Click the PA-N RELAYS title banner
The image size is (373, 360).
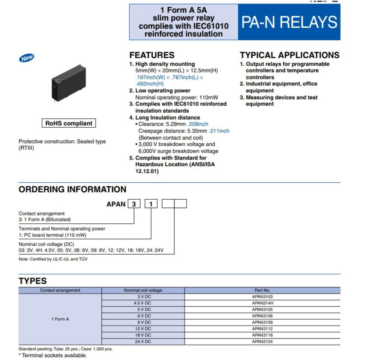tap(289, 22)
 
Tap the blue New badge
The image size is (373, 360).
tap(27, 58)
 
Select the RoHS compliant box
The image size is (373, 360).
tap(69, 123)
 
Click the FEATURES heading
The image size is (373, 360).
tap(152, 55)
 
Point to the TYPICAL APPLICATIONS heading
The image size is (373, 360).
tap(289, 55)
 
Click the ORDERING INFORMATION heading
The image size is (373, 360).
tap(72, 190)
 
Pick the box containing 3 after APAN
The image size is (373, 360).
tap(134, 204)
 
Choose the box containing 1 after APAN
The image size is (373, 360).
tap(151, 204)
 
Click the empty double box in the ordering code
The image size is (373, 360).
tap(174, 204)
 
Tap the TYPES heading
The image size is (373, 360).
tap(33, 281)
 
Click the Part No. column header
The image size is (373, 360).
tap(262, 290)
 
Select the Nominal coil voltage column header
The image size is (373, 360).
tap(143, 290)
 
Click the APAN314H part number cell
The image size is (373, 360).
tap(262, 303)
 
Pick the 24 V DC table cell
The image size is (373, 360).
tap(143, 342)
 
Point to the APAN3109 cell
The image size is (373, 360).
tap(262, 322)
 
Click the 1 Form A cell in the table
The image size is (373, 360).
tap(60, 319)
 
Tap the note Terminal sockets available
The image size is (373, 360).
tap(53, 356)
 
